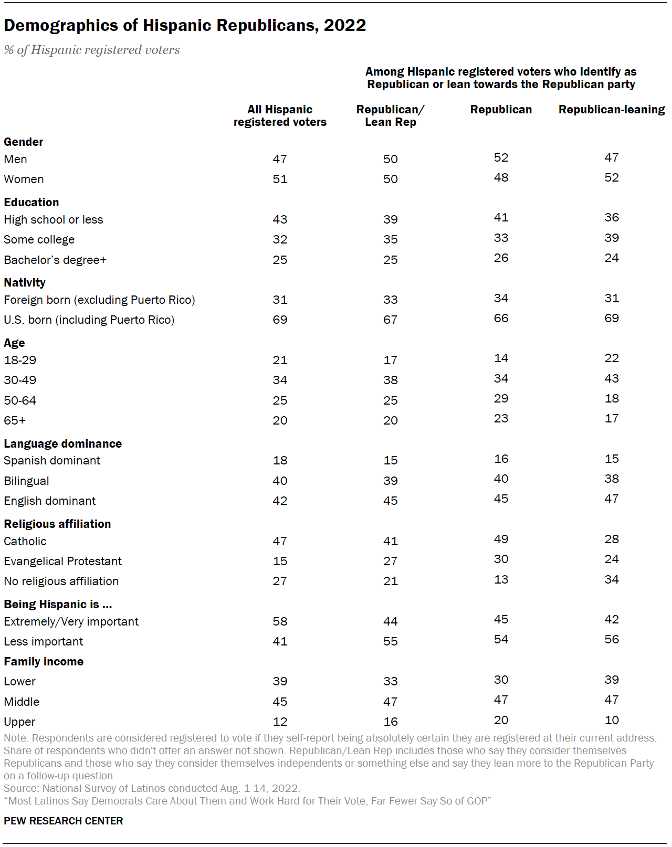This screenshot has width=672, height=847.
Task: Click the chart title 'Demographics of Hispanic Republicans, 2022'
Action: pos(185,25)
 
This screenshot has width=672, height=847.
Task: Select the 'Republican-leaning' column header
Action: pos(612,109)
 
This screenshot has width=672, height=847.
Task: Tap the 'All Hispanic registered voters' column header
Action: pos(280,115)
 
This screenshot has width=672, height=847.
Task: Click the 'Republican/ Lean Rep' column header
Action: pos(390,115)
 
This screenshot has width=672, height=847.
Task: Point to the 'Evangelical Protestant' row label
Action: pos(62,561)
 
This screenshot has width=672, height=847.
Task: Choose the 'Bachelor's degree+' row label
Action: pos(55,260)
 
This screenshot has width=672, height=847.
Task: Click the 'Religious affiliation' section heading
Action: pos(57,524)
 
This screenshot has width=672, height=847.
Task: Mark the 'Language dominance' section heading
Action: pos(62,443)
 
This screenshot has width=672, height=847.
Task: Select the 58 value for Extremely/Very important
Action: pos(280,621)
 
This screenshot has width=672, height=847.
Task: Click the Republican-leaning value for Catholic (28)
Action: pos(612,539)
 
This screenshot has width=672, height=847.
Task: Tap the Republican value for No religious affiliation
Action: pos(501,579)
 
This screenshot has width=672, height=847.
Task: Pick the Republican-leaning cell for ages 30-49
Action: pos(612,378)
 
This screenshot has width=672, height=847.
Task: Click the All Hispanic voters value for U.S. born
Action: pos(280,320)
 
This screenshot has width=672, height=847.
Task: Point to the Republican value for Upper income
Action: pos(501,720)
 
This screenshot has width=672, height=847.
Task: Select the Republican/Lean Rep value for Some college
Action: pos(390,239)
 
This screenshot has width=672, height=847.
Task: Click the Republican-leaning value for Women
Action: pos(612,177)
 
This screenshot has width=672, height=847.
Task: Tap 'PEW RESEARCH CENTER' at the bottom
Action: pos(63,821)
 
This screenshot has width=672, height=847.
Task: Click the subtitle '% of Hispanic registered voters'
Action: pos(92,50)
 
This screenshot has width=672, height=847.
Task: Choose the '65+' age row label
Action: pos(15,420)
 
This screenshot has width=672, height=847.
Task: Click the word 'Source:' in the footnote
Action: pos(21,788)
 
